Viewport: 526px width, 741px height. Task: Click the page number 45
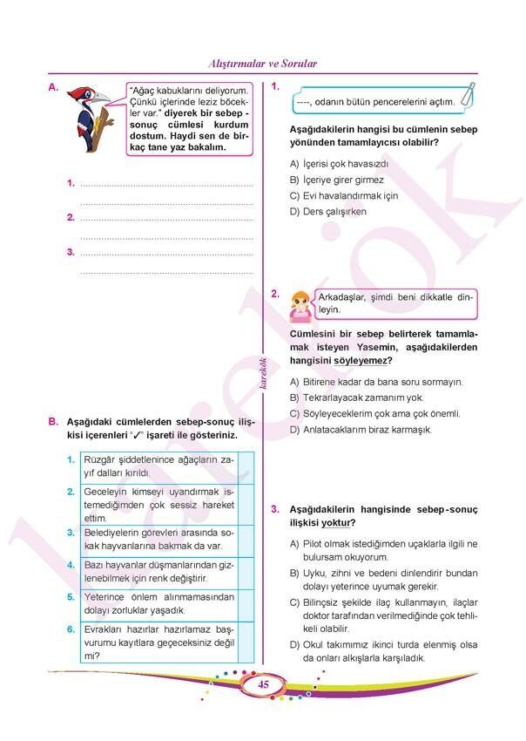pos(262,685)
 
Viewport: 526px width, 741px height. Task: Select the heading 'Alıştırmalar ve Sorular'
pos(263,64)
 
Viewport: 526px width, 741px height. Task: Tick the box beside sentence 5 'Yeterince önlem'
pos(246,603)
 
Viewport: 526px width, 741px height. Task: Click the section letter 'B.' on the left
pos(53,421)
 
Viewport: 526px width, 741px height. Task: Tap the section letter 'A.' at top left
pos(53,87)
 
